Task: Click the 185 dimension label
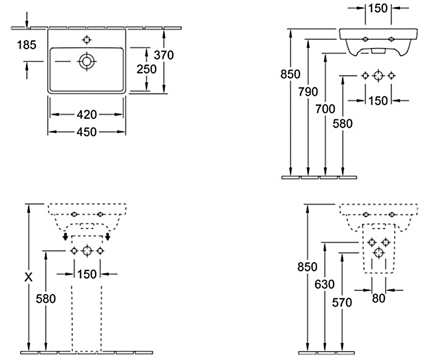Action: click(x=26, y=45)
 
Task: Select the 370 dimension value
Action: click(x=164, y=55)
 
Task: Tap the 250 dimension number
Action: click(x=146, y=69)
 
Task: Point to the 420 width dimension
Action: click(x=86, y=114)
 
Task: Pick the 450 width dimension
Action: click(x=86, y=132)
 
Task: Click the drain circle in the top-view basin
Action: click(x=86, y=61)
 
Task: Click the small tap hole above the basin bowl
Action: click(x=86, y=39)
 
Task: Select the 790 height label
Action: click(x=308, y=91)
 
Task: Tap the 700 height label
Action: click(x=325, y=108)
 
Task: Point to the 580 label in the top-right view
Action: click(x=342, y=124)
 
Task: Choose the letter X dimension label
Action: click(x=29, y=277)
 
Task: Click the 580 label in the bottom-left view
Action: click(x=45, y=300)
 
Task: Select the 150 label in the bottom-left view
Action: click(x=86, y=274)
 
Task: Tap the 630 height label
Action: click(x=325, y=284)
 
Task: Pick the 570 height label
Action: click(x=342, y=303)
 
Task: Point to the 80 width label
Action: click(x=379, y=297)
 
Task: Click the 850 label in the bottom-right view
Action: click(x=308, y=267)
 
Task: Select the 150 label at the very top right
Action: click(x=377, y=8)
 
